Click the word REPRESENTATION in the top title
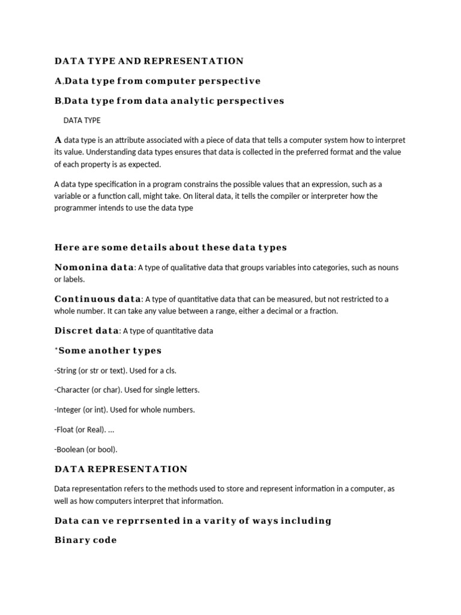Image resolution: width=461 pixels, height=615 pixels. pyautogui.click(x=200, y=61)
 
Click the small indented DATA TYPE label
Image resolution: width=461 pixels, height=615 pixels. pyautogui.click(x=82, y=121)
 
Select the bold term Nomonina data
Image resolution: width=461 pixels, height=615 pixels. pyautogui.click(x=94, y=267)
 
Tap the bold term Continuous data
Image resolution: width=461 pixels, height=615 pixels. pyautogui.click(x=98, y=299)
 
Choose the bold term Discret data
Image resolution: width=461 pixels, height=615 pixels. pyautogui.click(x=86, y=331)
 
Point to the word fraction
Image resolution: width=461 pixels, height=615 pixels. pyautogui.click(x=324, y=311)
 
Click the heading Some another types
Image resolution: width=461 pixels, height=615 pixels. pyautogui.click(x=110, y=351)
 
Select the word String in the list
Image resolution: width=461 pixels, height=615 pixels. pyautogui.click(x=67, y=371)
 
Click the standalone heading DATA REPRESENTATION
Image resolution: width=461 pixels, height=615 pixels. pyautogui.click(x=121, y=469)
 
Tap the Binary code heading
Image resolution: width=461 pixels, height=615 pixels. pyautogui.click(x=85, y=541)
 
